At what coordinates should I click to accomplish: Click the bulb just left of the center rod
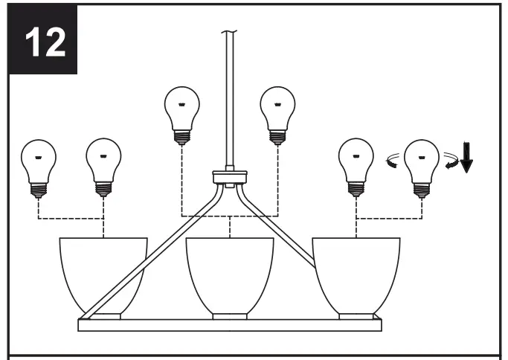[181, 108]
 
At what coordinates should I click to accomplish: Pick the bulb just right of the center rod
[277, 108]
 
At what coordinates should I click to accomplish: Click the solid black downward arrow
[466, 157]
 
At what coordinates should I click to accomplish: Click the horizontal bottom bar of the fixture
[230, 325]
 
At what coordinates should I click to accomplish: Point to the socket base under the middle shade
[230, 316]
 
